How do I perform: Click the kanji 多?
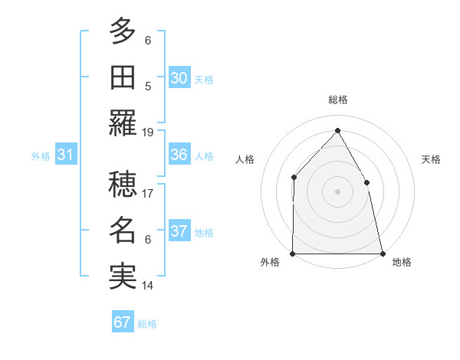123,32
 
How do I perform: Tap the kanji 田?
123,77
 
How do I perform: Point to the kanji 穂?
123,184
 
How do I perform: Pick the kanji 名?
123,230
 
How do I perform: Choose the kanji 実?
123,276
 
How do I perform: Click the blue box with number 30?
179,77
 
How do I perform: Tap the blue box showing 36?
179,155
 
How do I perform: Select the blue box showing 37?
179,231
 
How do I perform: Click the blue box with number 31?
66,155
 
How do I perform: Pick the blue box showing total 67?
123,322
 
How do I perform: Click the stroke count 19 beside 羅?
148,133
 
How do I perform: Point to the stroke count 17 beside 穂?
148,194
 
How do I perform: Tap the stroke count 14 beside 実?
148,286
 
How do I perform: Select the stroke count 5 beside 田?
148,87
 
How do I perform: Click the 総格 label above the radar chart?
337,100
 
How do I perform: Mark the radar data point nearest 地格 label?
382,254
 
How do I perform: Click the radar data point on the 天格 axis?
366,182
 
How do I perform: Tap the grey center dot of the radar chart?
337,191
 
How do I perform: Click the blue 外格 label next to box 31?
41,155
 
